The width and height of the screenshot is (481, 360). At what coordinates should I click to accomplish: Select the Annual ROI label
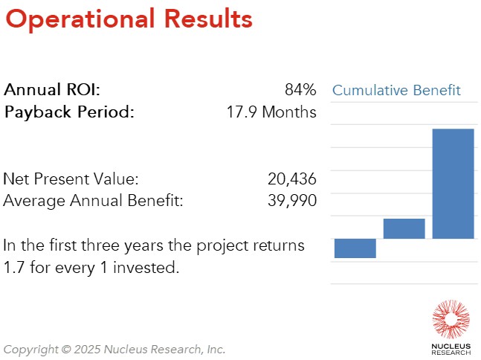tap(52, 91)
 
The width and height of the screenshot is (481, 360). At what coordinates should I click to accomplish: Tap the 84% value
tap(300, 91)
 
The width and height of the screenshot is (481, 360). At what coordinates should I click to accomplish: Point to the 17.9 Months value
tap(271, 113)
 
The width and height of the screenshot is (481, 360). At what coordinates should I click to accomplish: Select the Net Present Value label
tap(71, 179)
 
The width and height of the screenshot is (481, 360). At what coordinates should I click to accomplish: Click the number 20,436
tap(291, 179)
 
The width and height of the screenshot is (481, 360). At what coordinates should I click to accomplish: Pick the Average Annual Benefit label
tap(93, 201)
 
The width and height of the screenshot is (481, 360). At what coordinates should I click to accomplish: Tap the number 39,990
tap(291, 201)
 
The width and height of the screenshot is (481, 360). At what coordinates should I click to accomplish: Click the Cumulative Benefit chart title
tap(396, 91)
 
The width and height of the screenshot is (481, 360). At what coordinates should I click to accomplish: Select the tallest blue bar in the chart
tap(453, 184)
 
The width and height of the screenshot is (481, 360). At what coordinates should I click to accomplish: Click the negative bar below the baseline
tap(355, 248)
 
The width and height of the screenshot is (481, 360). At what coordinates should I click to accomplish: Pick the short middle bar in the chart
tap(404, 228)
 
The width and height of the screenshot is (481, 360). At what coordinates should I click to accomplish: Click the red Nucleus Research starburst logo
tap(451, 320)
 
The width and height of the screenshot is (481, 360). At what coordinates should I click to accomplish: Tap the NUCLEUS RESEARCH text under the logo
tap(451, 348)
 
